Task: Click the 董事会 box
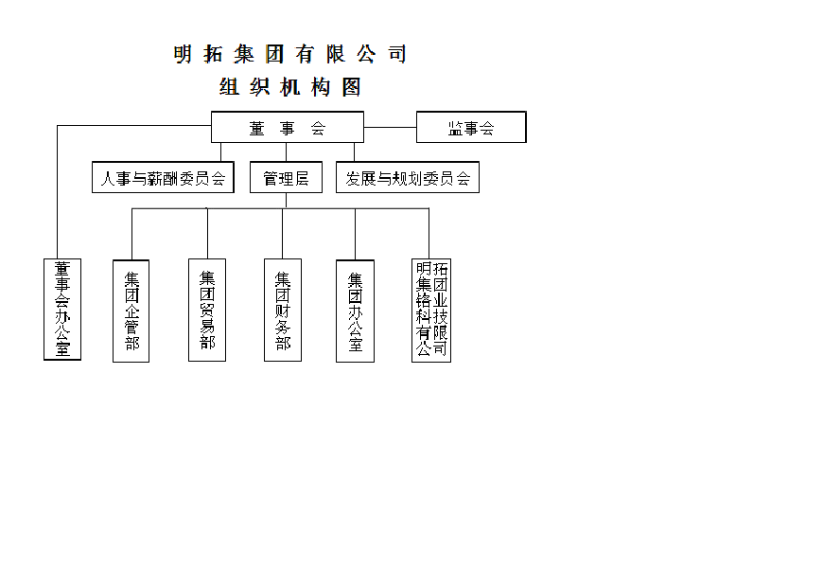click(288, 127)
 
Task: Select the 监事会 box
click(471, 127)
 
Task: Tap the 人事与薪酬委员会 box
click(164, 177)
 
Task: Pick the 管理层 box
click(286, 177)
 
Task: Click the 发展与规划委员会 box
click(408, 177)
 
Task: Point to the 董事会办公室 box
click(62, 310)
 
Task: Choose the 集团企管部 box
click(131, 311)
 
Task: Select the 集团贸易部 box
click(207, 310)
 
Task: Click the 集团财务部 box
click(283, 310)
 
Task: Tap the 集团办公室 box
click(355, 311)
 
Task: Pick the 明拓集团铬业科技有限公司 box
click(431, 311)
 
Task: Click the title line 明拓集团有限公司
click(290, 54)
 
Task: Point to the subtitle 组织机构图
click(290, 87)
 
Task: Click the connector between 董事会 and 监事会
click(390, 127)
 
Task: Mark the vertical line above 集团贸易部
click(207, 233)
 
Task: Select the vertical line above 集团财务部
click(282, 233)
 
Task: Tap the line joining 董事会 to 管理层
click(286, 151)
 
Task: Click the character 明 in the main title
click(183, 54)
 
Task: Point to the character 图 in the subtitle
click(353, 87)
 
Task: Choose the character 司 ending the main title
click(398, 54)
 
